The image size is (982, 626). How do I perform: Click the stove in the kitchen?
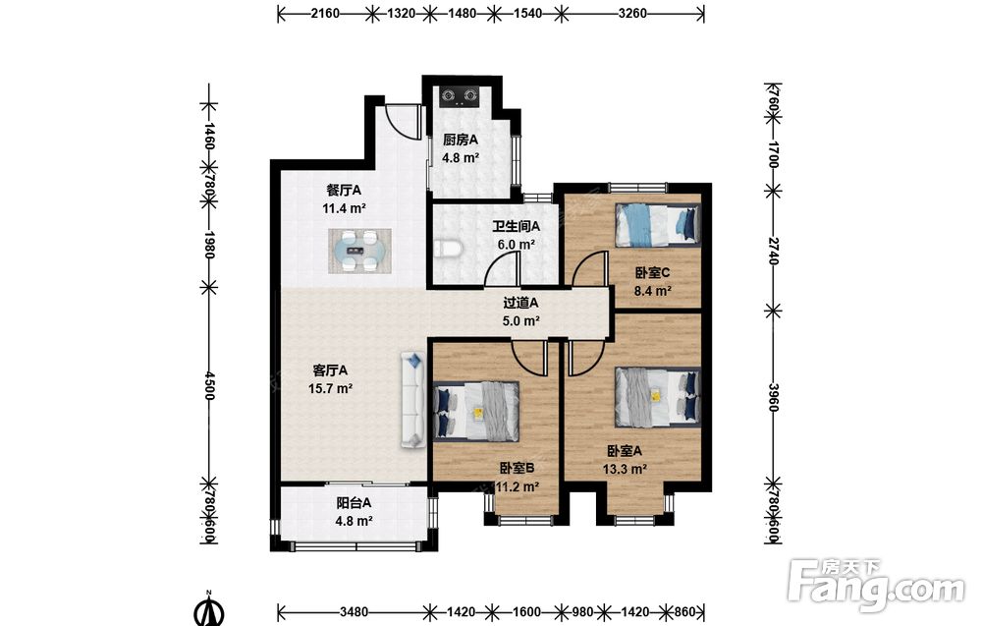460,95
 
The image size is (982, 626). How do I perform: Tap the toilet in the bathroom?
449,249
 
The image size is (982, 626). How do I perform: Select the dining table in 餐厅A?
360,251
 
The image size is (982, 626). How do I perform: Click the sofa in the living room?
413,400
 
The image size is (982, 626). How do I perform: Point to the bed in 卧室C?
658,225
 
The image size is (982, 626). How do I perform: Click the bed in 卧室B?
476,411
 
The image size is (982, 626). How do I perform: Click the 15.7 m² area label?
330,388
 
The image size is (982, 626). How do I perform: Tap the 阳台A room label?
354,502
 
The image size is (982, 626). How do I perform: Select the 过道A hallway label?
521,304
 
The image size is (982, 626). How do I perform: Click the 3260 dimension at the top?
631,13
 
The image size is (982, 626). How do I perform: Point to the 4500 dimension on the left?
209,385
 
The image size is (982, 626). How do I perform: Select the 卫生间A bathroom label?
516,226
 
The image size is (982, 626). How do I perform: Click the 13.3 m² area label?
625,469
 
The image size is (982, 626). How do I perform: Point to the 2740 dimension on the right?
773,251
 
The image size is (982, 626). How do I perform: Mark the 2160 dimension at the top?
325,13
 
